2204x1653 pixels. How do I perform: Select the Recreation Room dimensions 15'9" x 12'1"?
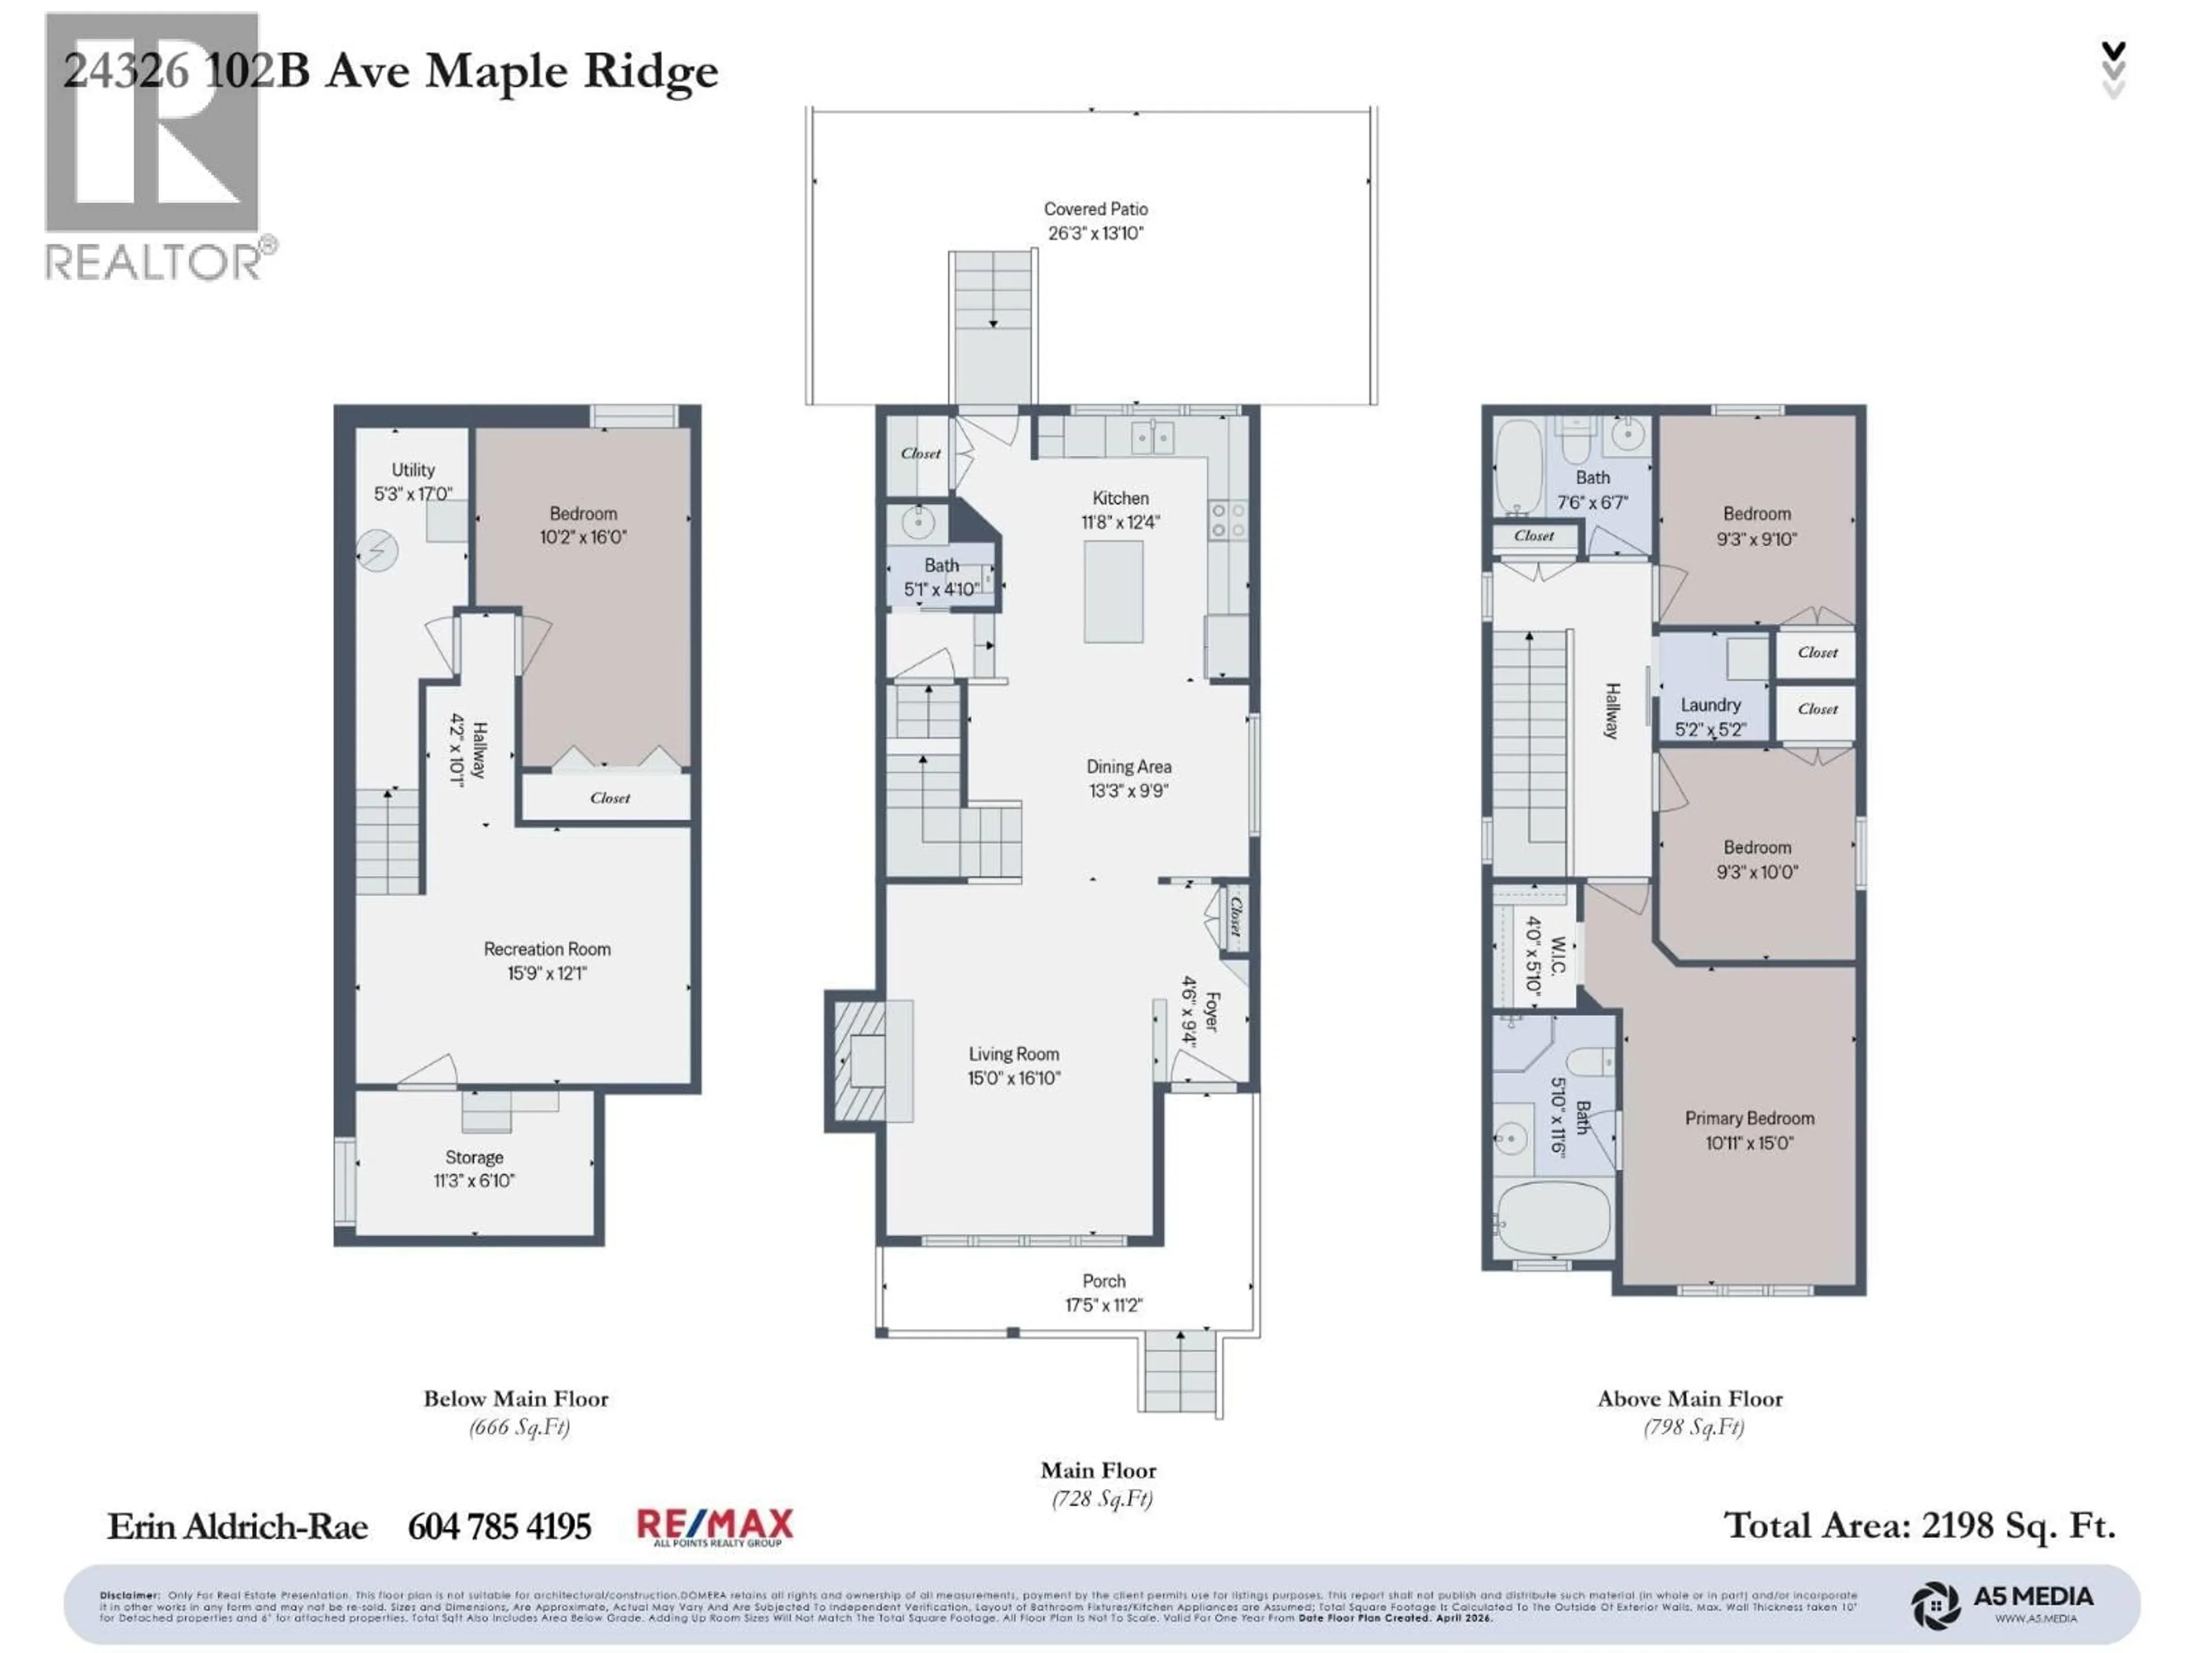click(x=547, y=972)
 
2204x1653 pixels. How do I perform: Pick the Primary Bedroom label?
click(x=1749, y=1118)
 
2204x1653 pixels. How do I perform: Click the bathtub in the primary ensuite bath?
click(x=1553, y=1219)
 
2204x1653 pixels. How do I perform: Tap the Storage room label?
click(x=474, y=1157)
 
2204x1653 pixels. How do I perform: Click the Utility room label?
click(x=413, y=469)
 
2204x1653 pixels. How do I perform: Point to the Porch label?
click(x=1103, y=1281)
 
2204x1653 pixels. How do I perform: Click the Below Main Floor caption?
click(x=515, y=1399)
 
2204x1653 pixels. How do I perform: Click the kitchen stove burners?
click(x=1227, y=520)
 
